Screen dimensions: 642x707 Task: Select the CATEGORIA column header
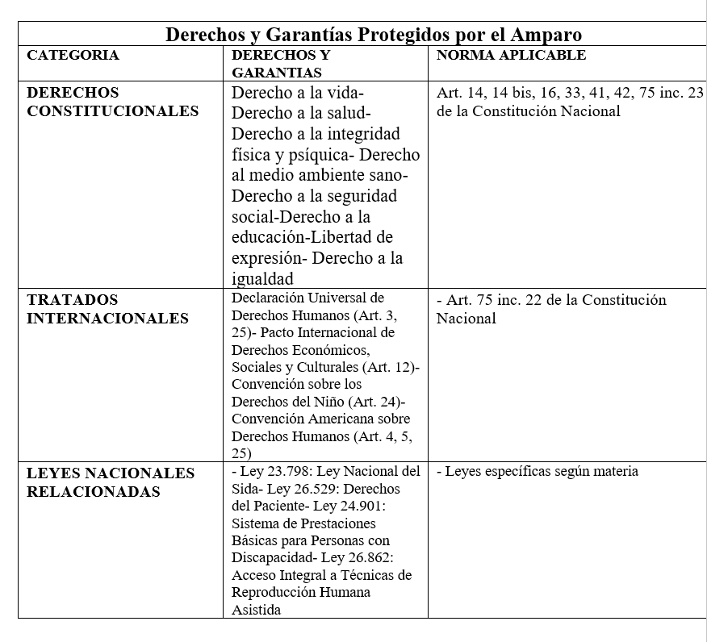click(x=73, y=56)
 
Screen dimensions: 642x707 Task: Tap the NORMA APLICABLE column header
click(x=511, y=56)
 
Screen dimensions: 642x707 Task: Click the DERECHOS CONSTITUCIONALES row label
click(x=112, y=102)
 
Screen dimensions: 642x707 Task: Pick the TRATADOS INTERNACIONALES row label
click(x=107, y=309)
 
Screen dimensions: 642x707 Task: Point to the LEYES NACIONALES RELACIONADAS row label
click(x=111, y=481)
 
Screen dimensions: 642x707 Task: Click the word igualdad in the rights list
click(x=262, y=279)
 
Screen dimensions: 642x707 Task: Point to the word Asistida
click(x=256, y=610)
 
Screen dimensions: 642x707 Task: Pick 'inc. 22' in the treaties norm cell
click(x=525, y=300)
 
